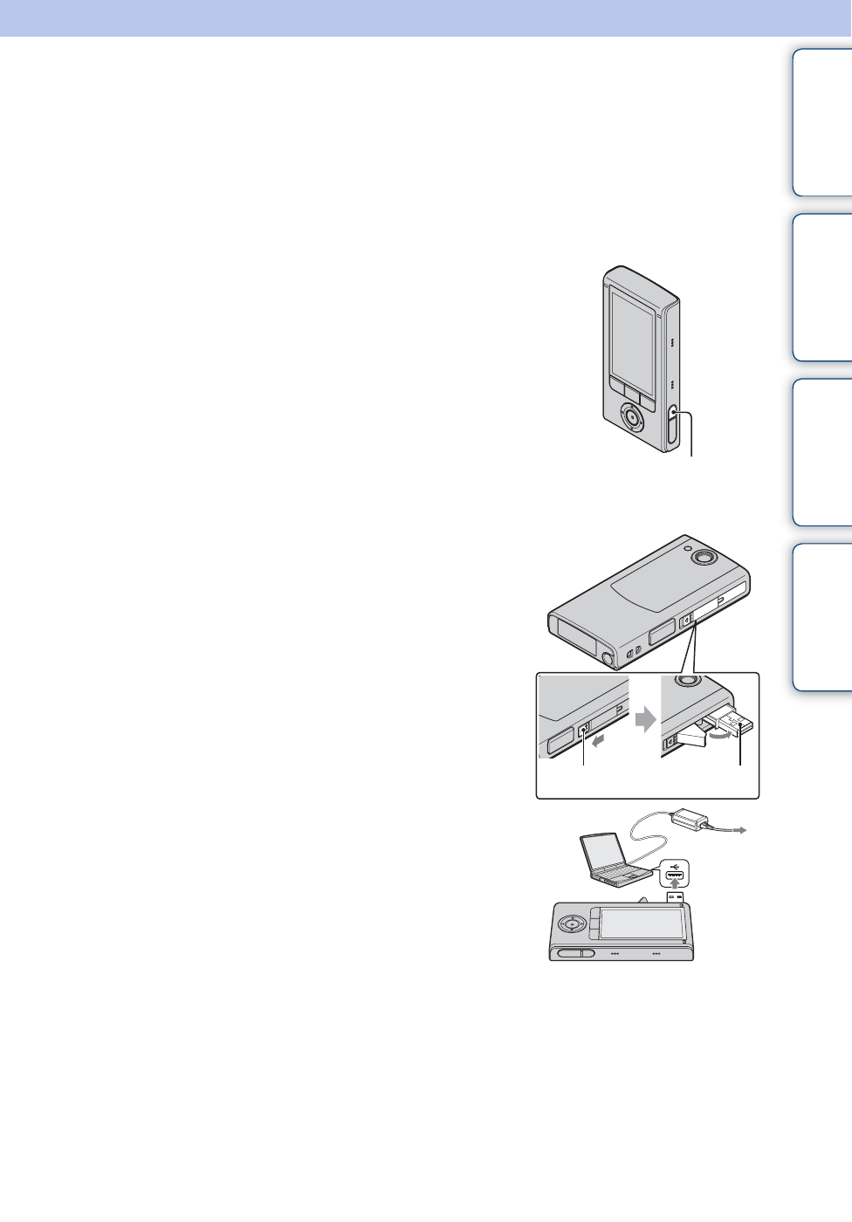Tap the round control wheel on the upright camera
click(632, 418)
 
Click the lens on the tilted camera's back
click(701, 557)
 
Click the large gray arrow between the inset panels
click(645, 719)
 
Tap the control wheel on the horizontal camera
click(571, 923)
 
